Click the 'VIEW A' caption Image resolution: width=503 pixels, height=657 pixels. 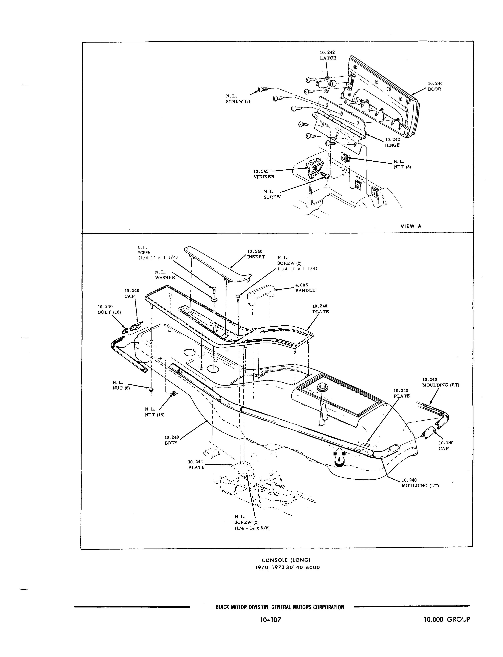411,226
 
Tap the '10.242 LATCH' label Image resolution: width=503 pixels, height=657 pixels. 328,55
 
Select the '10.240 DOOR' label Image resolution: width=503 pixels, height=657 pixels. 435,86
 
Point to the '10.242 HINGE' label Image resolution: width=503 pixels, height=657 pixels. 392,142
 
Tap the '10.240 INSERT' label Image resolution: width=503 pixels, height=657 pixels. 256,254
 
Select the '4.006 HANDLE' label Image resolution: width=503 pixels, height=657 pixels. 305,288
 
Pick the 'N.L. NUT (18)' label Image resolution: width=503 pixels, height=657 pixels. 154,412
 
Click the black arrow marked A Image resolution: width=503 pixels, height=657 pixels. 339,459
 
